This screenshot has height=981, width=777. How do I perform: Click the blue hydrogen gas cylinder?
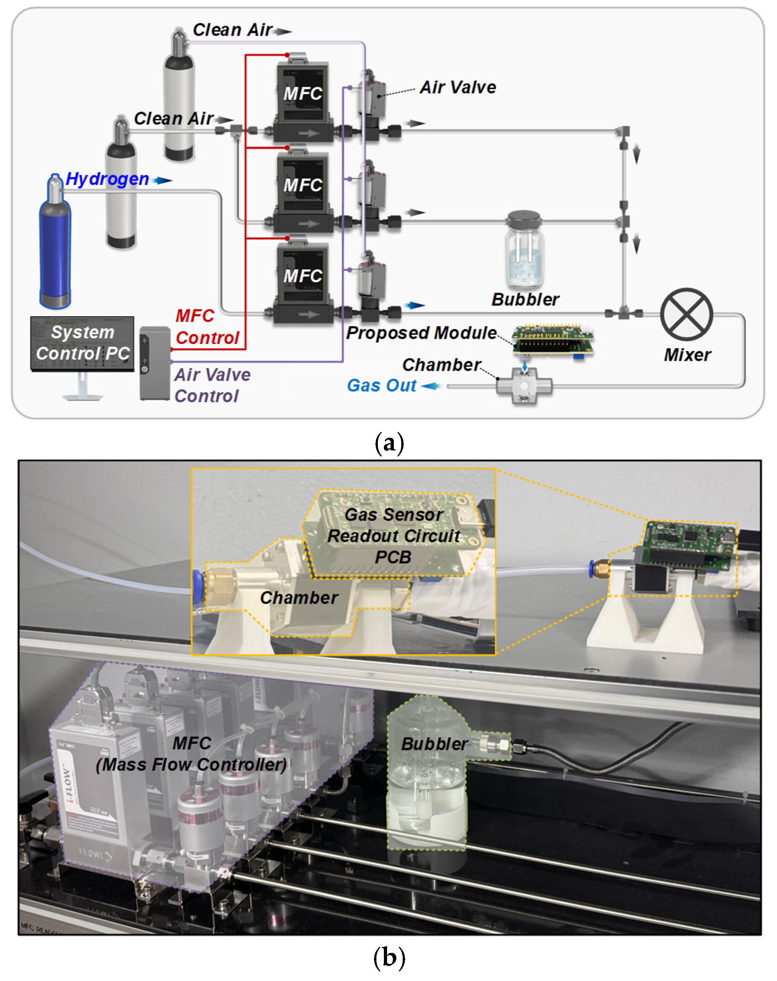[x=55, y=246]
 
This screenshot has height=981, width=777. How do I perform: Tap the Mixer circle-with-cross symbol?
[x=686, y=314]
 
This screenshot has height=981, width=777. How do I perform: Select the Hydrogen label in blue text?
[x=108, y=179]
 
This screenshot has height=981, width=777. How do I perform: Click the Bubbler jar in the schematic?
[x=524, y=250]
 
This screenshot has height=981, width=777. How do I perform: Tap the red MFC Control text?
[x=207, y=327]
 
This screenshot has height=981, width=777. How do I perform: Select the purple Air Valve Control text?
[x=212, y=385]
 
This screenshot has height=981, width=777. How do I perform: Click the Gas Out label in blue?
[x=381, y=385]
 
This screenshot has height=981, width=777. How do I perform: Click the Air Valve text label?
[x=458, y=87]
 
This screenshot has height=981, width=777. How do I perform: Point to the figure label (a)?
[x=389, y=442]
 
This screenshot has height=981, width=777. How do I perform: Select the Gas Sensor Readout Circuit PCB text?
[x=393, y=536]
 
